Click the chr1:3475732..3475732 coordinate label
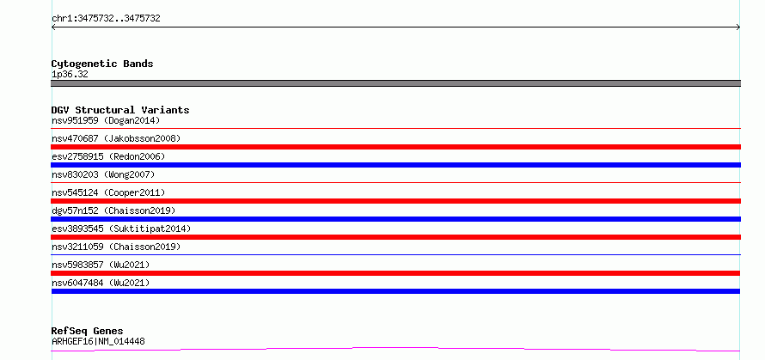click(106, 19)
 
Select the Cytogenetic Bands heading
click(102, 64)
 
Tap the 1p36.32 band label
click(70, 75)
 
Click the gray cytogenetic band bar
click(395, 83)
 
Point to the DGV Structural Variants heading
click(120, 110)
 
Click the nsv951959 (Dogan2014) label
click(106, 120)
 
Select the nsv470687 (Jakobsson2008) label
click(116, 138)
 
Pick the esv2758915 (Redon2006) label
click(108, 156)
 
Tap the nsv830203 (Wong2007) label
click(103, 174)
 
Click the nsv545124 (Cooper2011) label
click(108, 192)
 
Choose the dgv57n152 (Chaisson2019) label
click(113, 211)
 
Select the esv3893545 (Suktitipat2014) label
click(121, 229)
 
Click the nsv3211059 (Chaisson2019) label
click(116, 247)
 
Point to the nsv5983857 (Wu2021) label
click(101, 265)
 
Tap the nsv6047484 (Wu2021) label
click(101, 283)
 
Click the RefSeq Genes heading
click(87, 332)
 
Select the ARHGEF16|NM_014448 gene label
click(98, 342)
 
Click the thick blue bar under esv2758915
click(395, 165)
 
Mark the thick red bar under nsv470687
click(395, 147)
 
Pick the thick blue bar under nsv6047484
click(395, 291)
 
